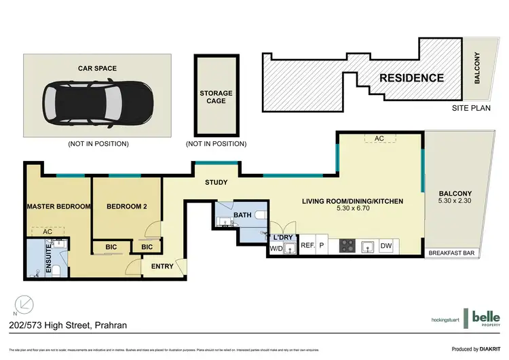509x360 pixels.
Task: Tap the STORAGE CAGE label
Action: tap(216, 97)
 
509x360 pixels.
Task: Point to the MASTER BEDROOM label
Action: tap(58, 206)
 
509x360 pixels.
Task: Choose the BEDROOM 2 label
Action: tap(126, 206)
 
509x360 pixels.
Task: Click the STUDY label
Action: tap(216, 183)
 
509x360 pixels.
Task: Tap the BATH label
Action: tap(242, 215)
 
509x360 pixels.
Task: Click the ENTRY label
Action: tap(162, 266)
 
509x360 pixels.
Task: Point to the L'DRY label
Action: tap(282, 237)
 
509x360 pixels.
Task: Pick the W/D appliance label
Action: tap(276, 249)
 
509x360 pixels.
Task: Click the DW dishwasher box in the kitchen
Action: tap(385, 246)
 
